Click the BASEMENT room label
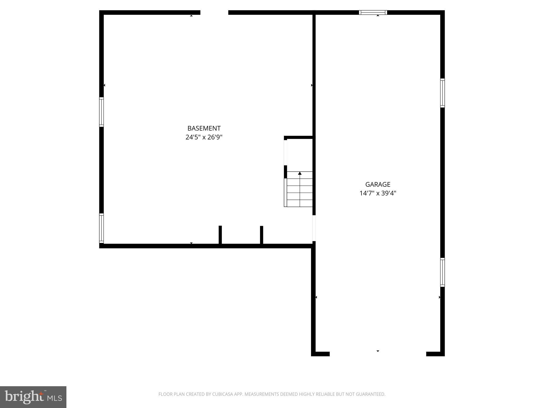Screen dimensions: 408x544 coord(204,128)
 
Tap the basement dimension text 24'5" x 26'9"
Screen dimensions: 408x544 coord(204,137)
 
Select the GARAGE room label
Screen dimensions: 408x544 coord(378,184)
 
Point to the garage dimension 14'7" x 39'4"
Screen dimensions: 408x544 coord(378,193)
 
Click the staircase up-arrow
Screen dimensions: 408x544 coord(300,173)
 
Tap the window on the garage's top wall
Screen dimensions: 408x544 coord(373,12)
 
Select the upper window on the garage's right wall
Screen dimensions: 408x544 coord(442,93)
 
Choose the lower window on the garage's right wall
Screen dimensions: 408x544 coord(442,272)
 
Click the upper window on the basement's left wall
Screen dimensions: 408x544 coord(101,112)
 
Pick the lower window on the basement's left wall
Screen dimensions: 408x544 coord(101,228)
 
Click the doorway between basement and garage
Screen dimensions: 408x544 coord(314,228)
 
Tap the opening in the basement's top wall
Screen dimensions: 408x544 coord(214,12)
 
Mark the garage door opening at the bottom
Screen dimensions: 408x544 coord(378,354)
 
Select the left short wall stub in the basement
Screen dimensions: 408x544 coord(220,235)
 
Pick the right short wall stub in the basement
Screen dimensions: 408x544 coord(262,235)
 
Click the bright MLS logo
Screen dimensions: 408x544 coord(33,397)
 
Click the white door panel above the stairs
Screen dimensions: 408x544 coord(286,152)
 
